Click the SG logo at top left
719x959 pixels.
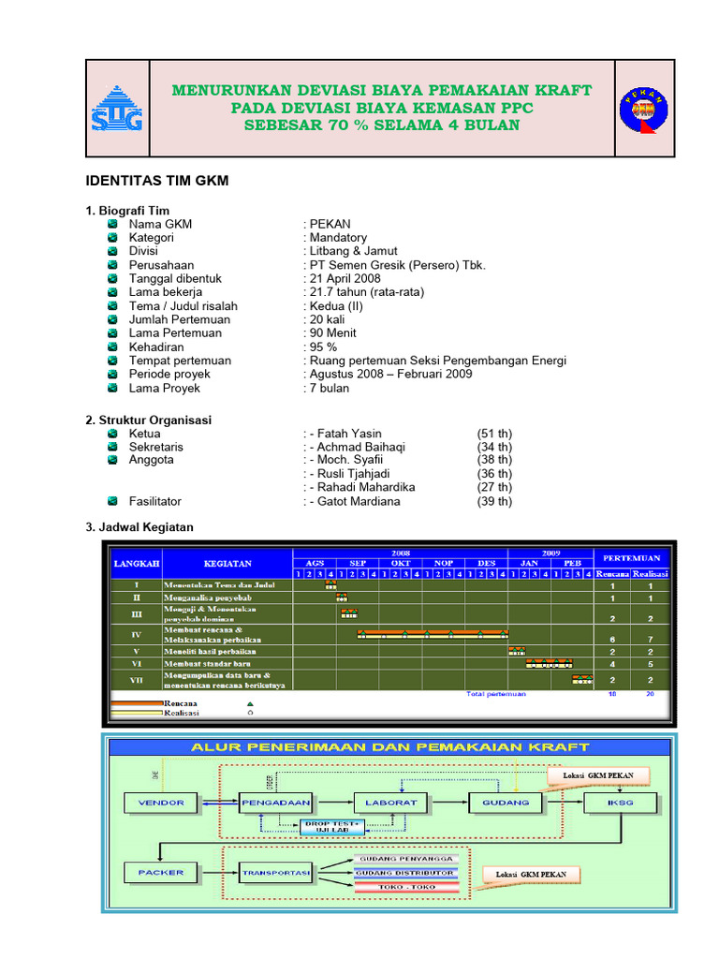pos(117,108)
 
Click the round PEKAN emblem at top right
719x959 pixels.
pos(643,107)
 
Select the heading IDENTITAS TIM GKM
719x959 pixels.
pos(157,181)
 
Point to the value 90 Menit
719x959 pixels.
pos(332,332)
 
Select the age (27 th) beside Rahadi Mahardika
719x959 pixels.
pos(494,487)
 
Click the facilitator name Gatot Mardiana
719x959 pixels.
pos(355,501)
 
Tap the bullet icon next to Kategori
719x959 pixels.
pos(112,238)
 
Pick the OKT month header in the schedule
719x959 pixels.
pos(401,563)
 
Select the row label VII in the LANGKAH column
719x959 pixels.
pos(137,680)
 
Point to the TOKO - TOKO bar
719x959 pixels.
pos(406,887)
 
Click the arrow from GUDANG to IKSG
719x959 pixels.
pos(562,803)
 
